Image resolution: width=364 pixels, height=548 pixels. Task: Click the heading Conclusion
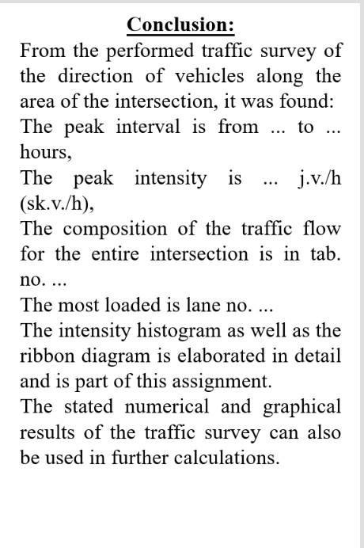pyautogui.click(x=180, y=25)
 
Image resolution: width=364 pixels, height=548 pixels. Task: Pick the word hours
pyautogui.click(x=43, y=153)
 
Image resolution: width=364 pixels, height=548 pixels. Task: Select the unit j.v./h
pyautogui.click(x=320, y=178)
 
